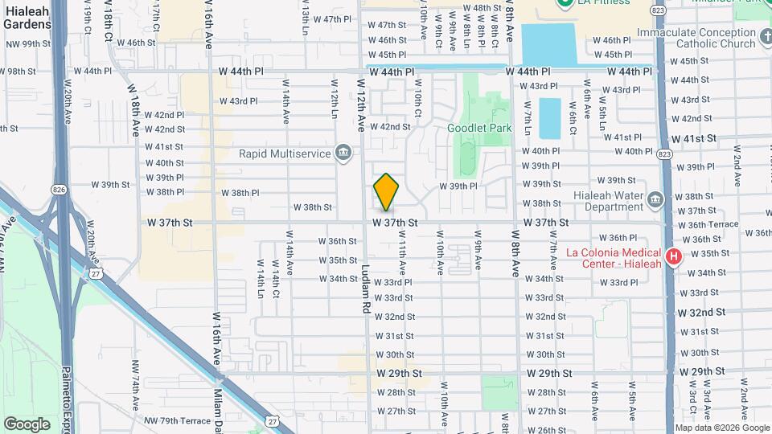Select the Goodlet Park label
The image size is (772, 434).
pyautogui.click(x=479, y=128)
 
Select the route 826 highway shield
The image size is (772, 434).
pyautogui.click(x=57, y=190)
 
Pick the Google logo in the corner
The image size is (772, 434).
pyautogui.click(x=27, y=424)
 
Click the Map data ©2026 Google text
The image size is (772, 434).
pyautogui.click(x=721, y=428)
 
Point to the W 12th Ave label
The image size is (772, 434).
pyautogui.click(x=362, y=104)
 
